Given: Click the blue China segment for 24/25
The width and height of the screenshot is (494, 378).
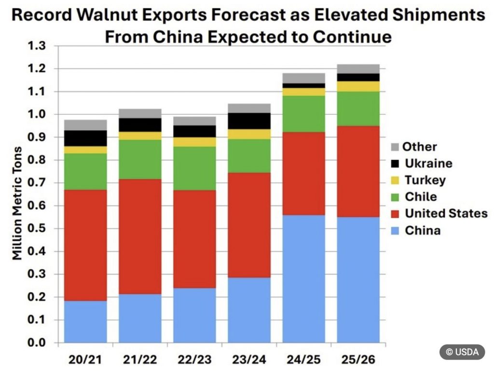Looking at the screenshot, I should click(x=303, y=279).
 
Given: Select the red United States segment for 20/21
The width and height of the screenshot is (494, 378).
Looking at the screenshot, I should click(x=85, y=245).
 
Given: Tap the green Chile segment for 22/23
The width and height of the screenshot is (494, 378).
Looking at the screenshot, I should click(x=194, y=168).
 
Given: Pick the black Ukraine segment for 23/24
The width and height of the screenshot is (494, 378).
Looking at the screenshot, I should click(x=249, y=121).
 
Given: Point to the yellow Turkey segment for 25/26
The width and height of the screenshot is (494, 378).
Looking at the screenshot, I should click(x=358, y=86).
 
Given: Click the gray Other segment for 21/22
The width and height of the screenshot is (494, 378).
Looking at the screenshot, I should click(x=140, y=113).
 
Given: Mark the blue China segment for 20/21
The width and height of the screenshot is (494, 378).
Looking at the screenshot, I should click(x=85, y=322).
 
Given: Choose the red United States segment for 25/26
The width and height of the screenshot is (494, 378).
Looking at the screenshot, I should click(x=358, y=171).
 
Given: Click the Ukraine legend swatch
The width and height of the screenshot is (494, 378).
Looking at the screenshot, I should click(x=394, y=163).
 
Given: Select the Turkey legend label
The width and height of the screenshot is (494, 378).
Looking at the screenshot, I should click(x=425, y=180).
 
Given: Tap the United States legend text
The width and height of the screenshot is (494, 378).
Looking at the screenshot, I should click(x=446, y=214).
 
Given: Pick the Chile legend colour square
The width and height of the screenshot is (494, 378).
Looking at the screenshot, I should click(x=394, y=197).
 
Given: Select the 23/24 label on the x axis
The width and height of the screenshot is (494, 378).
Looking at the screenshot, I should click(x=249, y=359).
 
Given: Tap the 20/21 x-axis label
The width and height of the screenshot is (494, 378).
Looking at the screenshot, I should click(x=85, y=359).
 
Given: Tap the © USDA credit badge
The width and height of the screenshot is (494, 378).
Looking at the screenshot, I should click(x=462, y=352).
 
